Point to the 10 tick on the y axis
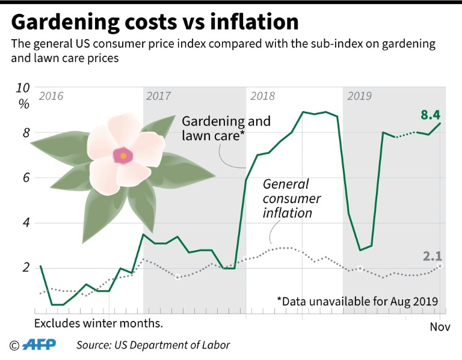click(x=22, y=88)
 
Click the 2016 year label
click(x=51, y=96)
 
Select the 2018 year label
click(x=263, y=96)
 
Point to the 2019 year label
click(x=359, y=96)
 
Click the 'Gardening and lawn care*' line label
click(x=226, y=129)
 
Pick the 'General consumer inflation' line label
click(x=292, y=198)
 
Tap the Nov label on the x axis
click(x=440, y=326)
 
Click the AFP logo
click(x=37, y=345)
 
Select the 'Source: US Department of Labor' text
click(x=153, y=345)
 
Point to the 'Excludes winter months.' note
click(x=99, y=323)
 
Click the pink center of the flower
click(x=123, y=156)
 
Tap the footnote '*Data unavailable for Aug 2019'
click(x=358, y=300)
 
